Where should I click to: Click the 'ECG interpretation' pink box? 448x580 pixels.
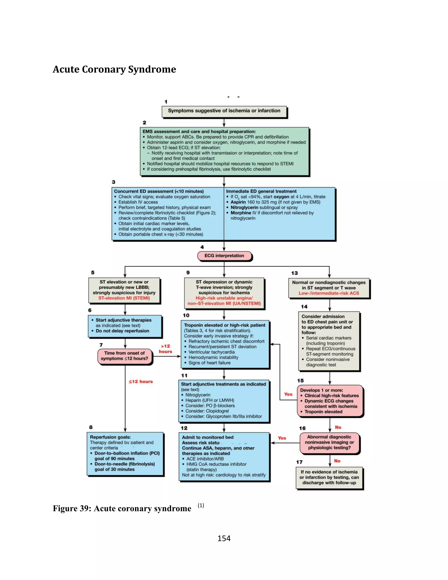click(x=224, y=256)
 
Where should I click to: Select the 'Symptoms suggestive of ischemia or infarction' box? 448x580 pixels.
click(x=224, y=111)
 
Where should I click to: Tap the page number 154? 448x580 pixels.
click(x=224, y=538)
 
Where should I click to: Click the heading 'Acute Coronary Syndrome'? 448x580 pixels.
click(x=114, y=69)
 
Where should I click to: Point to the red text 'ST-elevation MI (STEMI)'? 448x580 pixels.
click(x=124, y=298)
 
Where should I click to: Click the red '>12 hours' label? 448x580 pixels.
click(x=166, y=349)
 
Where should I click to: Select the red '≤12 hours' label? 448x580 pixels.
click(x=141, y=382)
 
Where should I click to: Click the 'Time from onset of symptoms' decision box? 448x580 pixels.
click(x=125, y=356)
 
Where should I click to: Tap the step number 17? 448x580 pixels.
click(x=299, y=462)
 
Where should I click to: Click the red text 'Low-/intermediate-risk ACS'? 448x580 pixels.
click(x=329, y=293)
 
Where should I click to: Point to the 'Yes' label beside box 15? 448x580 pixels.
click(x=288, y=394)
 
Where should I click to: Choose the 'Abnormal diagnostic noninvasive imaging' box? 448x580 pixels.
click(x=329, y=442)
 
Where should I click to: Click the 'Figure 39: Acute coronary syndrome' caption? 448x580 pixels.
click(x=122, y=508)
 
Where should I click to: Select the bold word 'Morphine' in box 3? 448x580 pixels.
click(x=241, y=213)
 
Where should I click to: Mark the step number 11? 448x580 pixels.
click(x=184, y=376)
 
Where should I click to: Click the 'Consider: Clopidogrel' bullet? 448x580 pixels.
click(x=207, y=411)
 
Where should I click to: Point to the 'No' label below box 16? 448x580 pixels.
click(x=337, y=461)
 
